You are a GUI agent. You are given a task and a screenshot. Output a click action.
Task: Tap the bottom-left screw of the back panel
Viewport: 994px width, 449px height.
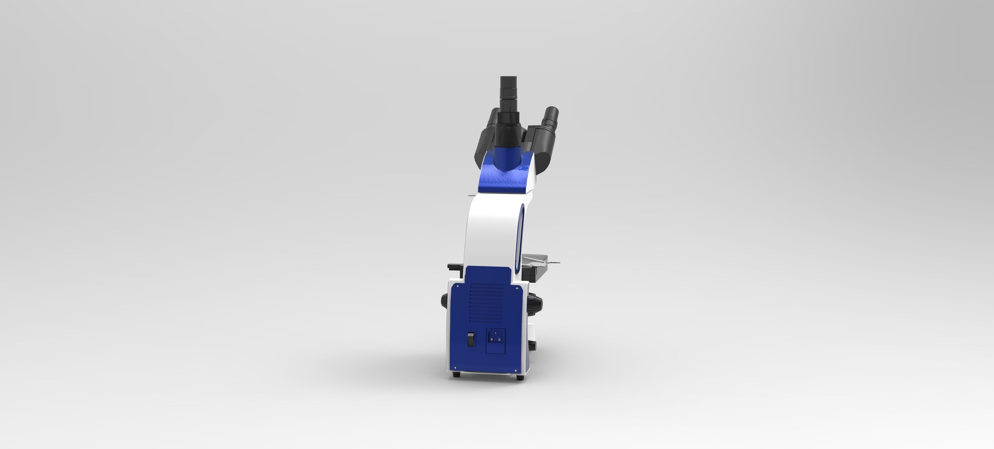coord(456,368)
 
